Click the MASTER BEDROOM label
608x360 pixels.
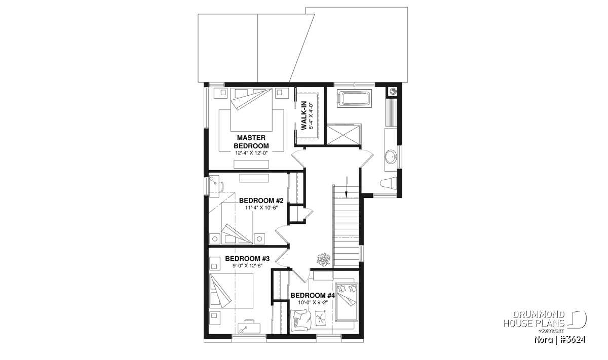[x=251, y=142]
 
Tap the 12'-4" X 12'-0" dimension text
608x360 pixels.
[x=251, y=153]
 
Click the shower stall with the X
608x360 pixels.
[x=344, y=134]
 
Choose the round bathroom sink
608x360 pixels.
[x=391, y=156]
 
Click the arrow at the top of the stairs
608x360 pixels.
[x=346, y=187]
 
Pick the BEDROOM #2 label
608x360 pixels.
[x=261, y=201]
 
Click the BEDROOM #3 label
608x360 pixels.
[x=247, y=259]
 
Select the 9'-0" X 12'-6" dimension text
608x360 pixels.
[x=247, y=266]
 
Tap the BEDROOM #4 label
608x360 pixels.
[x=313, y=295]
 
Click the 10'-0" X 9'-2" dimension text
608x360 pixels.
[x=313, y=302]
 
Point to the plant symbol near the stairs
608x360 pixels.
[x=324, y=260]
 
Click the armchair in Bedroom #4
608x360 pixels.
[x=301, y=321]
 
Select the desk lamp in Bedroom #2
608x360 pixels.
[x=214, y=181]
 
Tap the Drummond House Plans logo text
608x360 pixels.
[x=534, y=319]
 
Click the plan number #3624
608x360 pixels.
[x=572, y=339]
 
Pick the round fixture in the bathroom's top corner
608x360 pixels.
[x=393, y=92]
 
